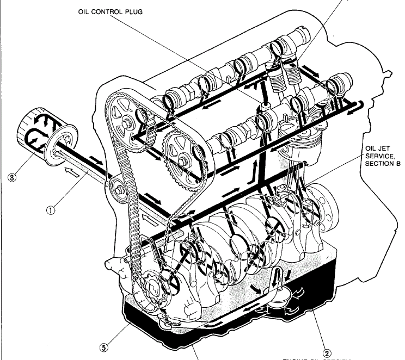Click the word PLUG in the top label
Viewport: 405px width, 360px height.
[x=133, y=13]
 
